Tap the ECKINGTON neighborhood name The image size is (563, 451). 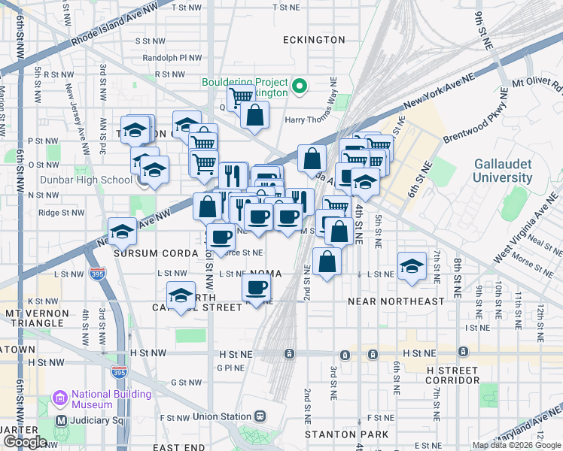tap(314, 39)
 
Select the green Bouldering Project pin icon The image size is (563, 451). tap(300, 86)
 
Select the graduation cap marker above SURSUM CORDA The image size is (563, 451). tap(122, 232)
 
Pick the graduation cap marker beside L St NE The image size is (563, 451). tap(411, 266)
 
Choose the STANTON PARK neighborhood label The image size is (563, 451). tap(346, 434)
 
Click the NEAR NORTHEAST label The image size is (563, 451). tap(396, 301)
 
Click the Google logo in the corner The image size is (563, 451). tap(24, 442)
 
